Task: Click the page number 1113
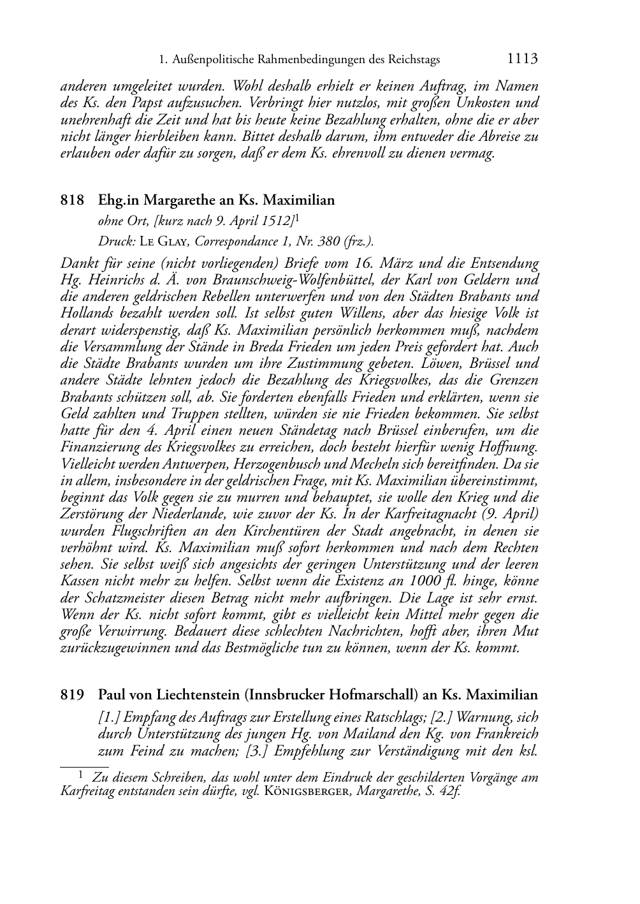[523, 60]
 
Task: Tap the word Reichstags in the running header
[412, 61]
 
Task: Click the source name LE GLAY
[164, 242]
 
